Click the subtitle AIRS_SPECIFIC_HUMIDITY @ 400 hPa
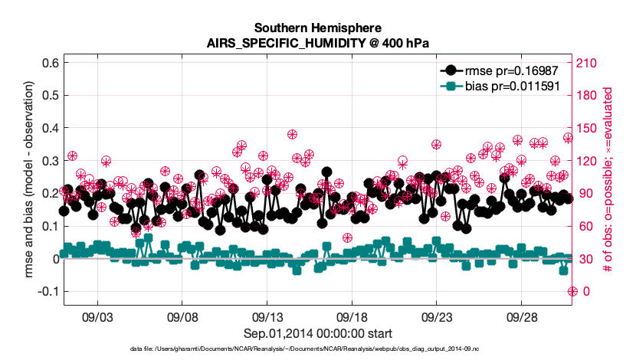click(318, 43)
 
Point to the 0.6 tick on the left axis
click(50, 62)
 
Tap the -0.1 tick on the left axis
click(48, 292)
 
